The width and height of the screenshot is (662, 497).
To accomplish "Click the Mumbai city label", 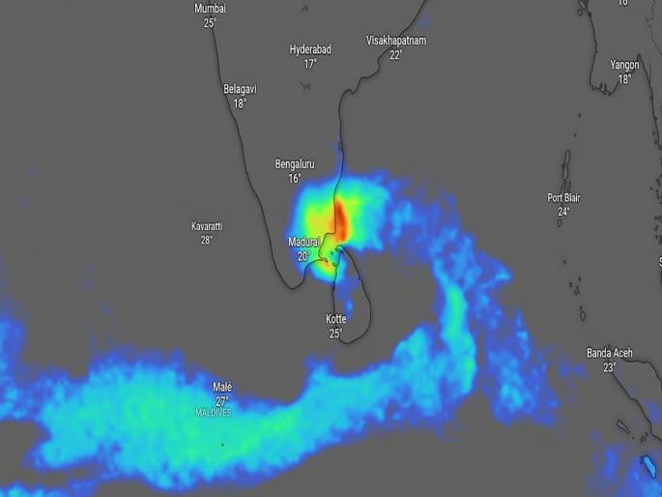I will coord(210,8).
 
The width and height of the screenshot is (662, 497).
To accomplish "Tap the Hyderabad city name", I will coord(310,49).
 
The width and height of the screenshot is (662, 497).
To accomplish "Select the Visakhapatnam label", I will coord(395,41).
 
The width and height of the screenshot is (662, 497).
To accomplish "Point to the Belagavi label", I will coord(240,89).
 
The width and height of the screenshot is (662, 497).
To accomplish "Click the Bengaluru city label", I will coord(295,164).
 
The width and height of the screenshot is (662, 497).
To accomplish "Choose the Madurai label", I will coord(304,242).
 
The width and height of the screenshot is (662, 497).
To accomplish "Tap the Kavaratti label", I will coord(206,226).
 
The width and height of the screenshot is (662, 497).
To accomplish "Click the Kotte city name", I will coord(335,319).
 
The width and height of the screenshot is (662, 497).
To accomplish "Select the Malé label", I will coord(222,388).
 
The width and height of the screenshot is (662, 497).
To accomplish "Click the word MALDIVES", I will coord(214,412).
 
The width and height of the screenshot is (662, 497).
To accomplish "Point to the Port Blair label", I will coord(563,197).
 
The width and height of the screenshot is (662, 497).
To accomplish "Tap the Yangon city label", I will coord(624,65).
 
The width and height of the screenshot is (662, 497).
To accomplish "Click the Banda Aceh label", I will coord(609,354).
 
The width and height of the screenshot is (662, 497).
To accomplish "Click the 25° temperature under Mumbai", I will coord(210,22).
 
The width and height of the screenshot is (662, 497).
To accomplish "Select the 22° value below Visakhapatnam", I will coord(395,55).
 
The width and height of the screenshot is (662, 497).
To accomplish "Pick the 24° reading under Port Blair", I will coord(563,212).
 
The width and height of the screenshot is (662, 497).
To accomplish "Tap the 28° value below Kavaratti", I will coord(206,240).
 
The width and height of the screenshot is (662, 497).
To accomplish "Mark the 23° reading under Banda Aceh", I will coord(609,367).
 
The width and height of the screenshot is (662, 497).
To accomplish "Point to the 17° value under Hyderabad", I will coord(310,64).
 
